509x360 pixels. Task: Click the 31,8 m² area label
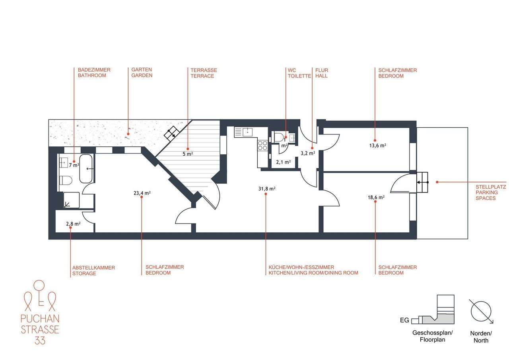tap(267, 189)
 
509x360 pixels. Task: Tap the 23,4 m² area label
tap(142, 193)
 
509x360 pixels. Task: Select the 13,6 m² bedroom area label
tap(378, 146)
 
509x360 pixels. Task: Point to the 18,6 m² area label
tap(376, 197)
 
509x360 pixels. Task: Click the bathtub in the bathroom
tap(85, 169)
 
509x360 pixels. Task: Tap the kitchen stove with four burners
tap(262, 145)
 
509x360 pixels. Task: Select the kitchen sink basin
tap(247, 132)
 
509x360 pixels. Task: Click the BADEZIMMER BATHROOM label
tap(94, 72)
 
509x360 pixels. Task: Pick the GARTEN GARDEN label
tap(142, 72)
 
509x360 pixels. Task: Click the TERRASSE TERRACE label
tap(204, 73)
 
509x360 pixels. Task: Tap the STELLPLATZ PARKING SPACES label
tap(491, 193)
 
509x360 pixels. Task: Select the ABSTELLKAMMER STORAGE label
tap(93, 270)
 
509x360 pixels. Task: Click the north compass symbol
tap(481, 311)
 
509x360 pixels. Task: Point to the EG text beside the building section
tap(404, 320)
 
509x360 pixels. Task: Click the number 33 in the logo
tap(40, 341)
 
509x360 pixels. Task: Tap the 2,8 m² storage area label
tap(73, 224)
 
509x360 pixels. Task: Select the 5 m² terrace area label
tap(188, 154)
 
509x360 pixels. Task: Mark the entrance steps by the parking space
tap(422, 182)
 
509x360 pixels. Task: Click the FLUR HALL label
tap(322, 73)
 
